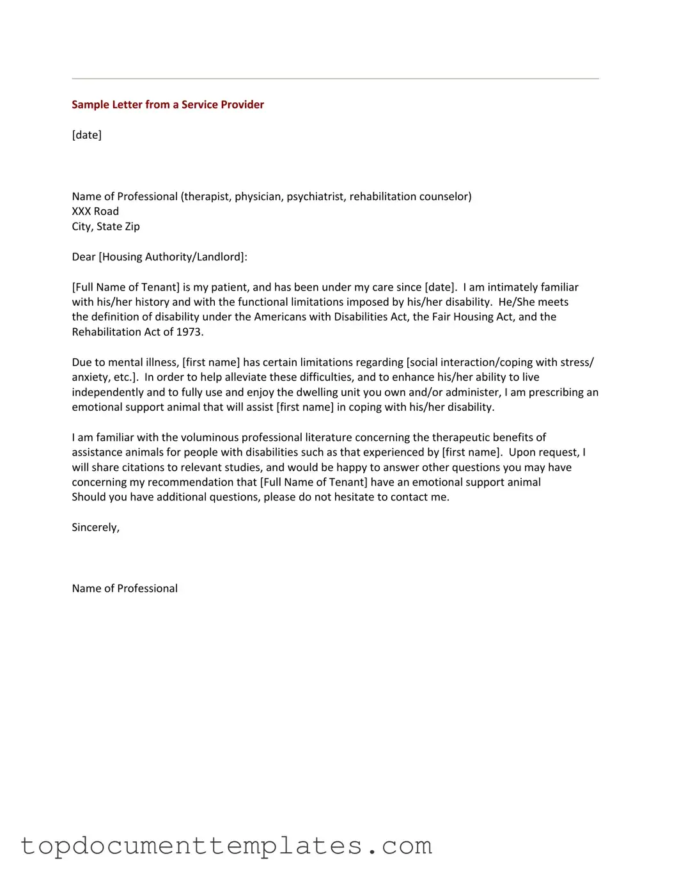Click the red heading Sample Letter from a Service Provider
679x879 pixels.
(168, 105)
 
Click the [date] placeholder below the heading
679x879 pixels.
(86, 135)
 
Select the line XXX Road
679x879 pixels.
(95, 211)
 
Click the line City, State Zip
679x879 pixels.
(105, 226)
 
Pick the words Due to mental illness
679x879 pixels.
(125, 362)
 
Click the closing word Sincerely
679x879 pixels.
(95, 528)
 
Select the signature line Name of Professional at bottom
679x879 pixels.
(125, 589)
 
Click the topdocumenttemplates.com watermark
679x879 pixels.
(226, 846)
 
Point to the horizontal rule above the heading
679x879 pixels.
(335, 79)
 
